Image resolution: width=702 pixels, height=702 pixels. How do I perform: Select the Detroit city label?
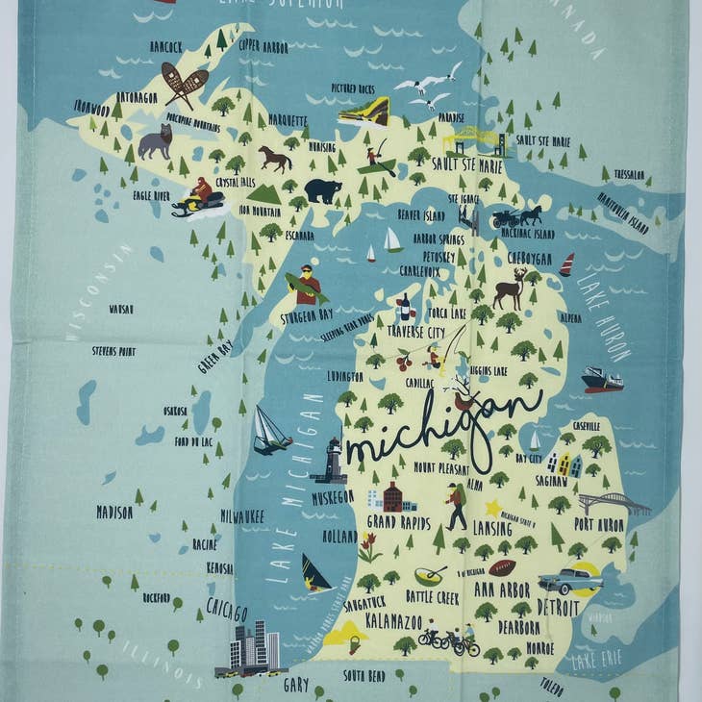click(559, 608)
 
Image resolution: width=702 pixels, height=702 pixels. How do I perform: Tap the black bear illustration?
click(322, 190)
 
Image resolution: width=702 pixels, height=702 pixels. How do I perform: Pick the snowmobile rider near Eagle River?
click(198, 198)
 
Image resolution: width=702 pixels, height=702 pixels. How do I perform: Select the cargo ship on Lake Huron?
click(602, 379)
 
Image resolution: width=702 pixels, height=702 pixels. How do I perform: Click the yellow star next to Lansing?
click(494, 507)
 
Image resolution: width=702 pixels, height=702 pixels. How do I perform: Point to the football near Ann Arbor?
click(501, 567)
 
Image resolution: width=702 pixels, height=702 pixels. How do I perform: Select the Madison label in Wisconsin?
click(114, 513)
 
